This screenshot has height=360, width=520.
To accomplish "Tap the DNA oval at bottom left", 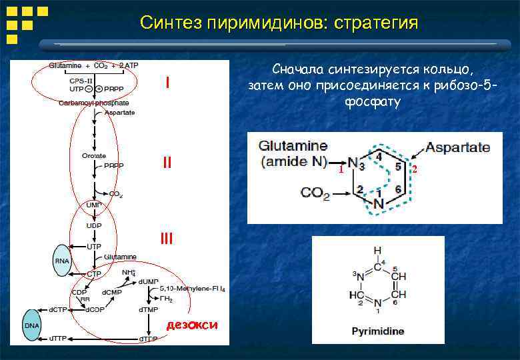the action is (x=31, y=325).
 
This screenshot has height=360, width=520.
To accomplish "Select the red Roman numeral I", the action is (x=167, y=82).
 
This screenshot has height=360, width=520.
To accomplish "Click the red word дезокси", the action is (x=191, y=325).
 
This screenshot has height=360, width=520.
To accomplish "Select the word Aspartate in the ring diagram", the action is (x=457, y=147).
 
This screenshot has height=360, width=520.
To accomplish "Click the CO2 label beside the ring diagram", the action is (x=315, y=193).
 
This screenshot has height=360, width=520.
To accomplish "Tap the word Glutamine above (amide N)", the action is (x=293, y=146).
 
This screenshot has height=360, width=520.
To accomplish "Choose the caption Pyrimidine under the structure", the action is (x=378, y=331).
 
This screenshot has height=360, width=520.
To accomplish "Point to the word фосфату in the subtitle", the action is (x=373, y=102).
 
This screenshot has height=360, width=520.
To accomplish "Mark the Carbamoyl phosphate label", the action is (x=93, y=103).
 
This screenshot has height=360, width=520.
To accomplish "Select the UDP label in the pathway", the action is (x=93, y=226).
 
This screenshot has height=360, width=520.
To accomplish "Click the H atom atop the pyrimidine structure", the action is (x=377, y=249).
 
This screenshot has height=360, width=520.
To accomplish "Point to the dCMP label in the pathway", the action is (x=111, y=292).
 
